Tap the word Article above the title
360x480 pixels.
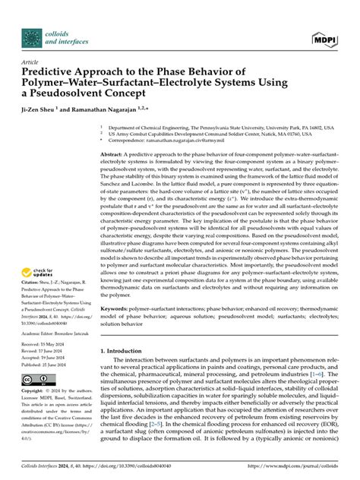[x=30, y=62]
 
